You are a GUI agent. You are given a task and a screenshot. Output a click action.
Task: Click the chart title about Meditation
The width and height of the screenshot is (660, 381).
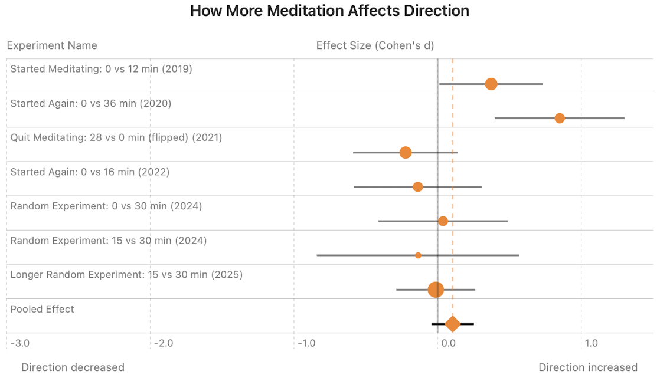click(329, 11)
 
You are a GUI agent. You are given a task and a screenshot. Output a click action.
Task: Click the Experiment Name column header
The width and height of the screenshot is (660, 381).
click(52, 45)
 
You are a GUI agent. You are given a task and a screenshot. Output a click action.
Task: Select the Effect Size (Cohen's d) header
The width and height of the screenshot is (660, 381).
click(375, 45)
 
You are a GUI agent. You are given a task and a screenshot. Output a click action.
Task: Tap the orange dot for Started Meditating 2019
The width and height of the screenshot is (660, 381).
click(491, 84)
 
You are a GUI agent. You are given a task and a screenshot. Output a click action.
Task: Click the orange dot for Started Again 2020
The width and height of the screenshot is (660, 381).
click(560, 118)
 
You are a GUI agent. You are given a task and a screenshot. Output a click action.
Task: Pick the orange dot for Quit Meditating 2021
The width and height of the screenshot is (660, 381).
click(405, 152)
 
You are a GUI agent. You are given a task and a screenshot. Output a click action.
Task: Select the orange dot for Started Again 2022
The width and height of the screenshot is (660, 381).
click(417, 186)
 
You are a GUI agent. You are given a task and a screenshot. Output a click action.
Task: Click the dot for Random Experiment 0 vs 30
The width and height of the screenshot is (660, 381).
click(443, 221)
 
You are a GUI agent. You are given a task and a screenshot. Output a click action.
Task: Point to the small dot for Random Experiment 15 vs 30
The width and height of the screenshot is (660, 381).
click(418, 255)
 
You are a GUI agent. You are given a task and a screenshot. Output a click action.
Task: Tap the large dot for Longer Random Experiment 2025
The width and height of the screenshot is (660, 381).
click(436, 290)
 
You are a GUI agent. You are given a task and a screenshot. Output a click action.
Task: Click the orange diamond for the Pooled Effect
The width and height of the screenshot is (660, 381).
click(452, 324)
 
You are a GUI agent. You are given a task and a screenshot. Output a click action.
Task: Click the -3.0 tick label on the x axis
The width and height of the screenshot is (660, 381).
click(21, 343)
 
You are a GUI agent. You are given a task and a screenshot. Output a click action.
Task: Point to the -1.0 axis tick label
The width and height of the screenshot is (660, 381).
click(308, 343)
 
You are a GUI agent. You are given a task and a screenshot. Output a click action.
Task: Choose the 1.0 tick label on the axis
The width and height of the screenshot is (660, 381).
click(591, 343)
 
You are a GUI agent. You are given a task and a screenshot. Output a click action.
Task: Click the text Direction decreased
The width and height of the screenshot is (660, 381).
click(73, 367)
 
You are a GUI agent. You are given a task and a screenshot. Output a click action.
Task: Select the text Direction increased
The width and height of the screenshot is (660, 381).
click(587, 367)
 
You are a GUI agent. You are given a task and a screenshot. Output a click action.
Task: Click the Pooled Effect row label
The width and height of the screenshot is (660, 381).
click(43, 309)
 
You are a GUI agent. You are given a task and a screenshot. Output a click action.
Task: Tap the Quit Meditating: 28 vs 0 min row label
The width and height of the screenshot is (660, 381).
click(116, 137)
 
